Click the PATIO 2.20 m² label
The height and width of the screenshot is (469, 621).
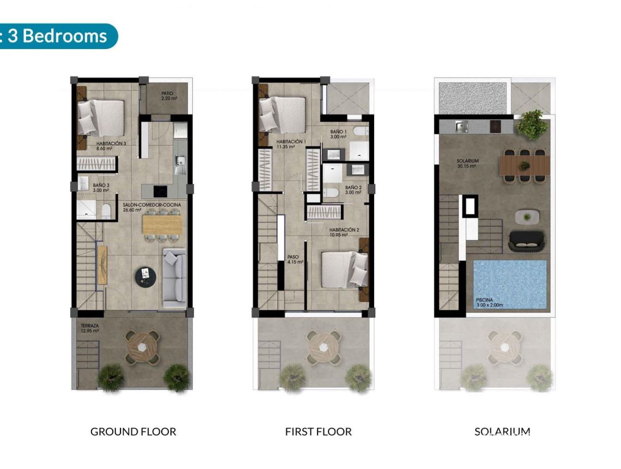pos(167,96)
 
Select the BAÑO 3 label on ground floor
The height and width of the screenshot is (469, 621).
pos(100,188)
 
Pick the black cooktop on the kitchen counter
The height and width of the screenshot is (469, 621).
pos(160,191)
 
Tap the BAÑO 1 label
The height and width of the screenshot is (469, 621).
pos(338,134)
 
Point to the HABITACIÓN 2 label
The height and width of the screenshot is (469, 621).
pos(344,233)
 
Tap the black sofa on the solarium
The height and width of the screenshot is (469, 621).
pos(526,241)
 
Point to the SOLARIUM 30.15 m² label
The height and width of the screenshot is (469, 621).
pos(467,164)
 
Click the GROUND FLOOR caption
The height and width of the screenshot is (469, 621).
pos(133,432)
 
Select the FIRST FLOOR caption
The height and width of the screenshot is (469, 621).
pos(318,432)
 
